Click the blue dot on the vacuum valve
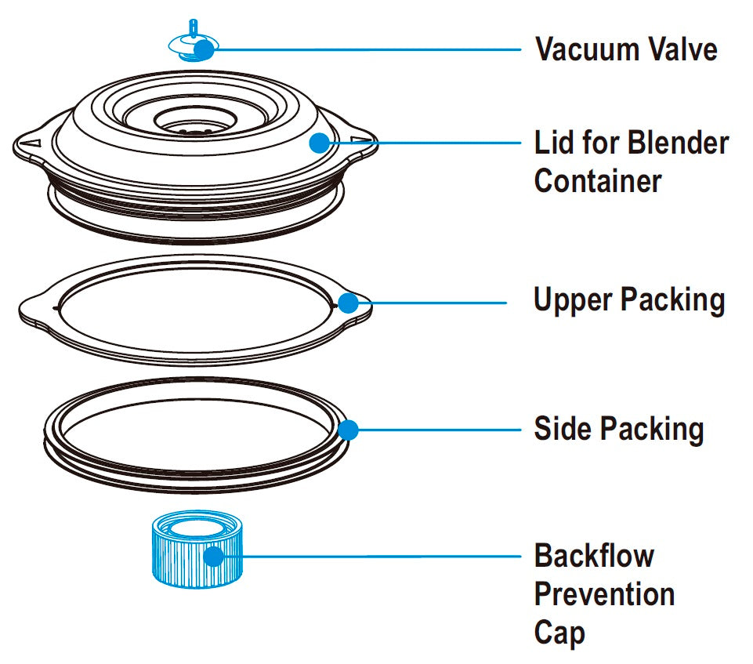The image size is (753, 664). (203, 50)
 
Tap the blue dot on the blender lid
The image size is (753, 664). (318, 143)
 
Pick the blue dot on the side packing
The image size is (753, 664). (348, 429)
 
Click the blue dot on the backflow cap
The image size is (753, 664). (213, 557)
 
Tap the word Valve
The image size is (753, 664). (681, 49)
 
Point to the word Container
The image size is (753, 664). (597, 181)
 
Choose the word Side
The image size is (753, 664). (563, 429)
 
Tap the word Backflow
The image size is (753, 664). (594, 557)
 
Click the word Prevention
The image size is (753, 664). (604, 594)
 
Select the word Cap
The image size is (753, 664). (559, 632)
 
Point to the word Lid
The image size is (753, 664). (552, 143)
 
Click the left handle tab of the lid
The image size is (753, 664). (29, 144)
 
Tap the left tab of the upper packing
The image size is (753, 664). (35, 309)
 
